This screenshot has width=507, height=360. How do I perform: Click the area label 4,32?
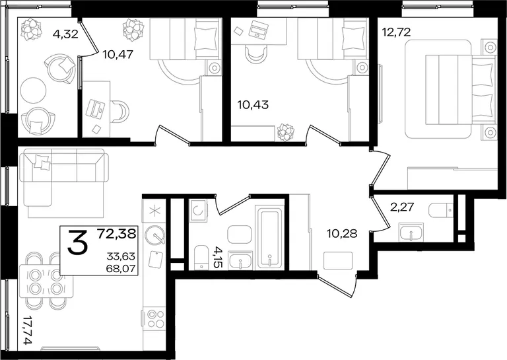[x=65, y=34]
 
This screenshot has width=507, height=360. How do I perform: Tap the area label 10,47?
[x=118, y=54]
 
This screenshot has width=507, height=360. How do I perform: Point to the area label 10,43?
[x=253, y=105]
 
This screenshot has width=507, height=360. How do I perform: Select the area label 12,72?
[x=396, y=32]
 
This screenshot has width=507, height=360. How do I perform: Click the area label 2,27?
[x=402, y=206]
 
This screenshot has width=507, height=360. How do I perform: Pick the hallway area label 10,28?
[x=342, y=233]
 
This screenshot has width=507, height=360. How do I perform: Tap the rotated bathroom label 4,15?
[x=219, y=256]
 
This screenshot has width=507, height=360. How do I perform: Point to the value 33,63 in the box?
[x=121, y=256]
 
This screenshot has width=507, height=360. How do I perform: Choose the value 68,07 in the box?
[x=121, y=268]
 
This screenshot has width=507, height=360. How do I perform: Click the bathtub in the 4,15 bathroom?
[x=269, y=237]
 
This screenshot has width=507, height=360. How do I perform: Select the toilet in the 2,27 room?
[x=441, y=211]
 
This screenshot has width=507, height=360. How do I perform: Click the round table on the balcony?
[x=33, y=90]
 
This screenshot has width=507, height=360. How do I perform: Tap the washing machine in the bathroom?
[x=198, y=211]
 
